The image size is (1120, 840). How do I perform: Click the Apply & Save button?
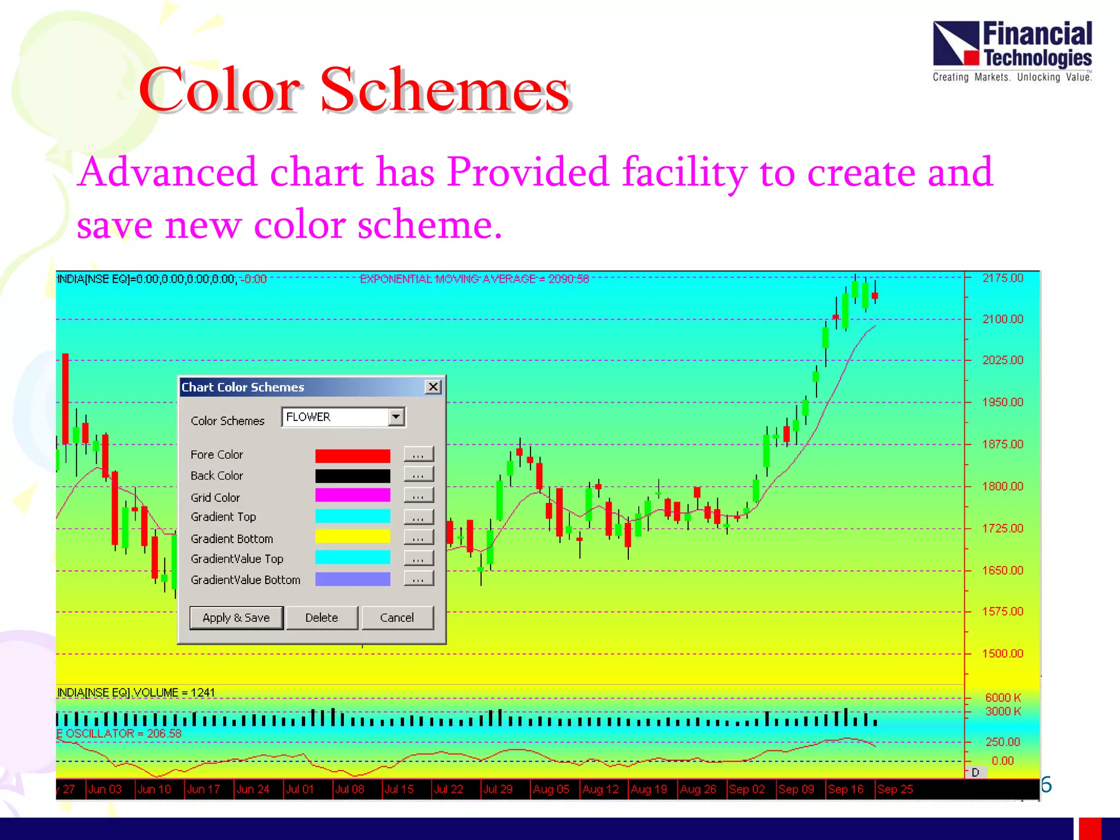[236, 617]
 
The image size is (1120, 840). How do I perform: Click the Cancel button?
[397, 617]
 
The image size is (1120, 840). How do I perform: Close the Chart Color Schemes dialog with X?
[433, 387]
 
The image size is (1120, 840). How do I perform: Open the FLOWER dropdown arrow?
[396, 417]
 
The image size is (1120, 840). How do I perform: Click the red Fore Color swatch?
[353, 455]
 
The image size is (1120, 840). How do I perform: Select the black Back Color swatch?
[353, 476]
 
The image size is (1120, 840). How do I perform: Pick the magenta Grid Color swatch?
[353, 495]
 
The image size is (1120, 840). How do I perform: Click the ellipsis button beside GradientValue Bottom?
[418, 579]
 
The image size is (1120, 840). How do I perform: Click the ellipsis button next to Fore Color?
[418, 454]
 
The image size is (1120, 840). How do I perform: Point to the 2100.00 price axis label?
[1002, 319]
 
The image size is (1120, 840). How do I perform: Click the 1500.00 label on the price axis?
[1002, 654]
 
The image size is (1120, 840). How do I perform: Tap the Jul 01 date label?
[300, 789]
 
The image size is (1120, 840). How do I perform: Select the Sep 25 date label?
[895, 789]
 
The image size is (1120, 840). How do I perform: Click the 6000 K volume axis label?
[1003, 697]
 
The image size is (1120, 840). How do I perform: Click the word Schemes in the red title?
[445, 90]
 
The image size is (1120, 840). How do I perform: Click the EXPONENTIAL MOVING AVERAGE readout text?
[474, 279]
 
